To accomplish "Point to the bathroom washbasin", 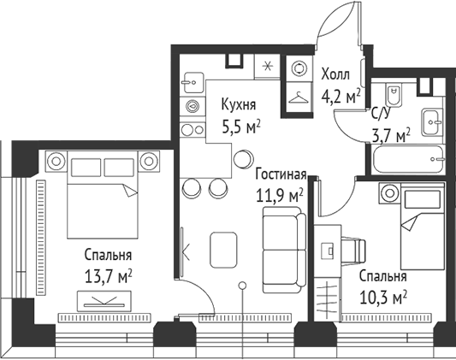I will click(430, 120).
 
